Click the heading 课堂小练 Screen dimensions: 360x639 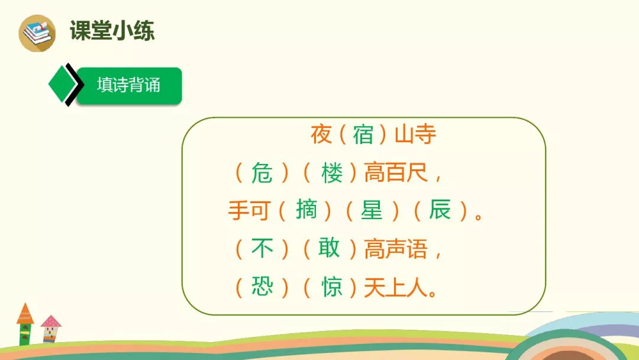click(112, 31)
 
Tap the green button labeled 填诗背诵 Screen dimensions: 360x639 click(129, 85)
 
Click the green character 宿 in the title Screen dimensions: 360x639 click(363, 135)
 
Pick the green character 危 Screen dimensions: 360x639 click(262, 173)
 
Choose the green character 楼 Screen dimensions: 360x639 click(332, 173)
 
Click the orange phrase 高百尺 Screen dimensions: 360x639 click(396, 173)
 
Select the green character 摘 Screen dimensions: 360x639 click(306, 210)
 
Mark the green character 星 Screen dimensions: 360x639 click(372, 210)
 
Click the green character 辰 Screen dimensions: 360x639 click(440, 210)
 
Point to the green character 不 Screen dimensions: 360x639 click(262, 249)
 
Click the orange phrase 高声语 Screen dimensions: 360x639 click(396, 249)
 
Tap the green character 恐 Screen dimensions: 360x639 click(262, 287)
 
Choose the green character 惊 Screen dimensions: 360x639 click(332, 287)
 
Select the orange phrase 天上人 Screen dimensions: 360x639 click(396, 287)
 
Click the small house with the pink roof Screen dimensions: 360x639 click(51, 328)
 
